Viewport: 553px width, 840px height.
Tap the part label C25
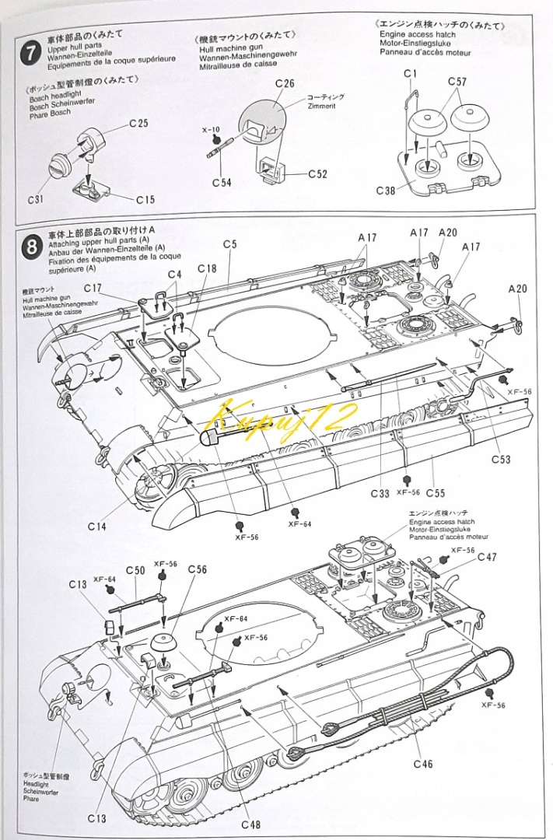(x=139, y=123)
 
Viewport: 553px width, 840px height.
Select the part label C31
(x=35, y=199)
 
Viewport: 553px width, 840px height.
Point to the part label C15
(x=145, y=199)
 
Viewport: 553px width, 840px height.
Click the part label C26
(x=285, y=83)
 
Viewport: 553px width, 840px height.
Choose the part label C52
(x=317, y=173)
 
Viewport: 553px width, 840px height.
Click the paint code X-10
(x=211, y=129)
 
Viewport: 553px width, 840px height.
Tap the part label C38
(x=387, y=190)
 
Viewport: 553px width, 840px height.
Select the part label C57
(x=457, y=81)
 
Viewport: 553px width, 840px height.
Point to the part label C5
(x=229, y=244)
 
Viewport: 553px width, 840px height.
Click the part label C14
(x=97, y=527)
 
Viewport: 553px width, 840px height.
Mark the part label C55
(x=435, y=492)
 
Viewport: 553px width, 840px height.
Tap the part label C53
(x=501, y=460)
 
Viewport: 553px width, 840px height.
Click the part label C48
(x=251, y=824)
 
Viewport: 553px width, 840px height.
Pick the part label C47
(x=488, y=556)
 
